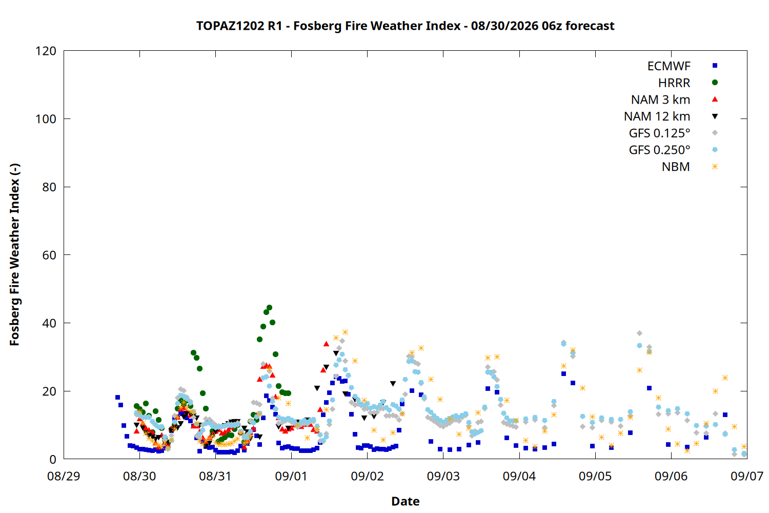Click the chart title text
[x=405, y=26]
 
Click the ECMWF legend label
[x=669, y=66]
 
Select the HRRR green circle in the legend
[x=715, y=83]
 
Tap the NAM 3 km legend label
[x=660, y=100]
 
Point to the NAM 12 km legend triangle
[x=715, y=116]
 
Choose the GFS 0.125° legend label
[x=659, y=133]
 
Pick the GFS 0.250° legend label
[x=659, y=150]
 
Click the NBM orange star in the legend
[x=715, y=167]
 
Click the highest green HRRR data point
[x=270, y=307]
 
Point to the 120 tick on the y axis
[x=46, y=51]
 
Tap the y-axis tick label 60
[x=49, y=255]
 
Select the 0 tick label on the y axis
[x=52, y=459]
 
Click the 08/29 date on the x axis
[x=64, y=476]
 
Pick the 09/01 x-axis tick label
[x=292, y=476]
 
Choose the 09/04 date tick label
[x=519, y=476]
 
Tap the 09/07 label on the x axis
[x=747, y=476]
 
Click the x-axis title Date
[x=406, y=501]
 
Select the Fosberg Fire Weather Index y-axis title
[x=15, y=254]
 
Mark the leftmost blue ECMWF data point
[x=117, y=398]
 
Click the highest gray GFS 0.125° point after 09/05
[x=639, y=333]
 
